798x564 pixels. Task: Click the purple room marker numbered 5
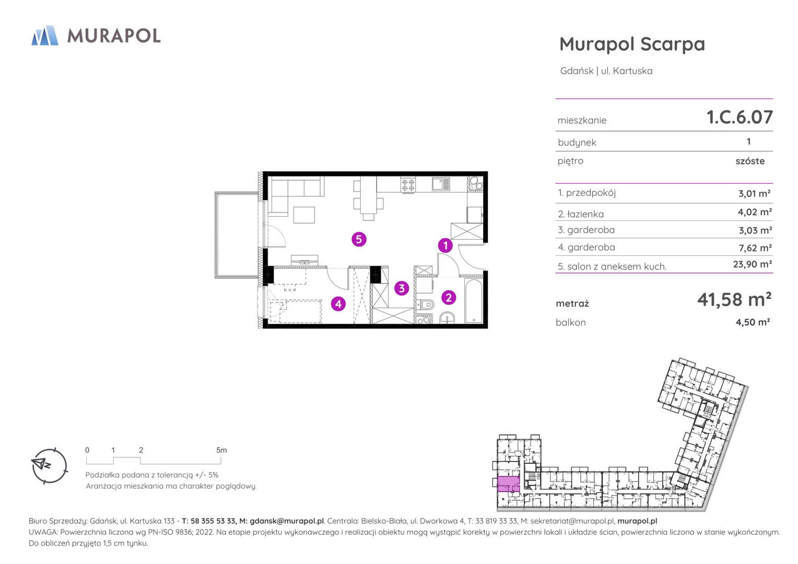(359, 239)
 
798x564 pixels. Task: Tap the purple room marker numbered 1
(445, 245)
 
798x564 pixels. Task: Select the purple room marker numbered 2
(449, 298)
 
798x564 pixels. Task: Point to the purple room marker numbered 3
(402, 288)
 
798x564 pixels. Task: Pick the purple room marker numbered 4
(338, 304)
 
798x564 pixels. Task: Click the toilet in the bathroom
(425, 304)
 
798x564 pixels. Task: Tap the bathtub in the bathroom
(474, 301)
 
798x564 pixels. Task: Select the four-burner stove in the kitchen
(408, 185)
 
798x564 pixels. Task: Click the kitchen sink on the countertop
(441, 184)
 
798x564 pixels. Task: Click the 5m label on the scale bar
(221, 450)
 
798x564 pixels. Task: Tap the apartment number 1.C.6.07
(740, 117)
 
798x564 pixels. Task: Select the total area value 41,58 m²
(734, 299)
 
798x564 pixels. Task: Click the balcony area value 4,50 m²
(753, 322)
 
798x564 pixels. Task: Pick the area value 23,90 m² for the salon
(753, 264)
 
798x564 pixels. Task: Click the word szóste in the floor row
(750, 161)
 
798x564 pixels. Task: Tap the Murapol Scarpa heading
(632, 44)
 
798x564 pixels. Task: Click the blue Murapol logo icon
(45, 36)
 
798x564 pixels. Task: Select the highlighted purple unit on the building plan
(508, 484)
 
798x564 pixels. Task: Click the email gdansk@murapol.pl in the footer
(287, 521)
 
